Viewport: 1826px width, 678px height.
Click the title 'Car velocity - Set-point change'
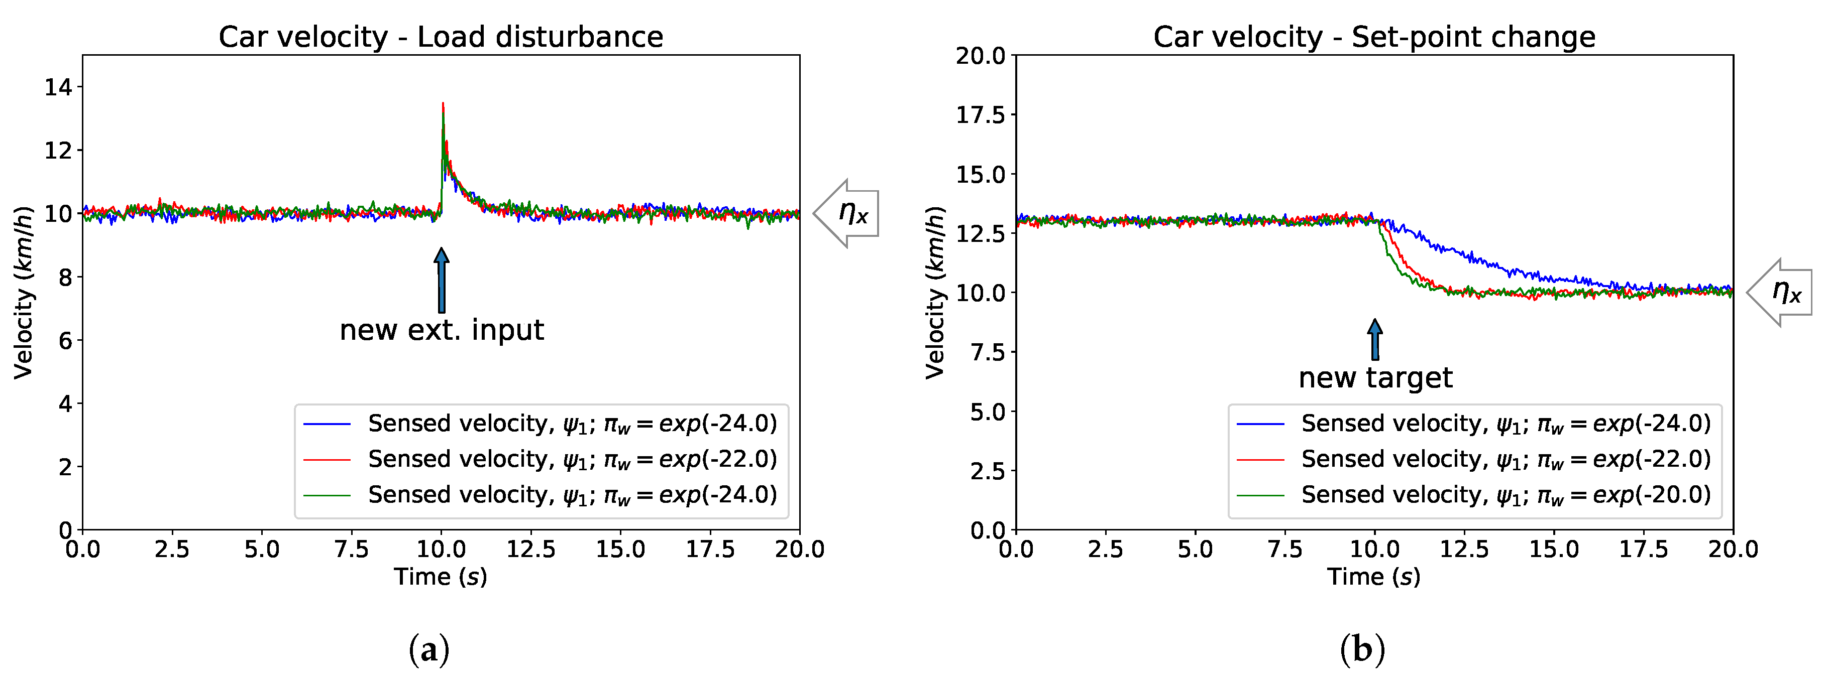[x=1374, y=37]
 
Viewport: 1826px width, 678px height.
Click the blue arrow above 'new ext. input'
[x=442, y=280]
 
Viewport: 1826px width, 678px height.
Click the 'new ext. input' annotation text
[x=442, y=330]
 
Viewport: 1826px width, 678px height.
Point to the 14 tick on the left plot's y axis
[x=60, y=87]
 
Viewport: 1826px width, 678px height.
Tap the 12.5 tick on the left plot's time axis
[x=530, y=549]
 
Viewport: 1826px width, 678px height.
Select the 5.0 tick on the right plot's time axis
[x=1195, y=549]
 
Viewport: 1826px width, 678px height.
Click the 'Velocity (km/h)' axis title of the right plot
[x=936, y=292]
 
